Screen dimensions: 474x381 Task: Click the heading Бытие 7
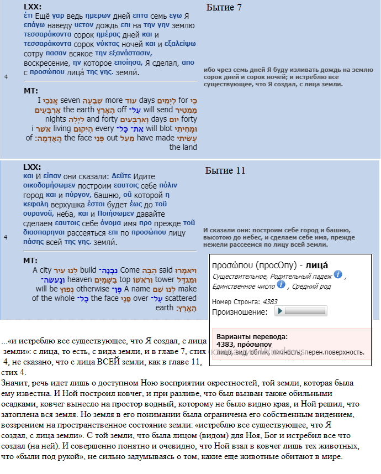[x=224, y=7]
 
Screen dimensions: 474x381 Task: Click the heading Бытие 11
[x=225, y=170]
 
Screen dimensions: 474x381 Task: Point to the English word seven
[x=70, y=100]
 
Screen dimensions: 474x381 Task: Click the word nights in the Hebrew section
[x=56, y=119]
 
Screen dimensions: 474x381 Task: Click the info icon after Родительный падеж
[x=338, y=274]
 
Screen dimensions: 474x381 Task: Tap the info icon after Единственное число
[x=281, y=284]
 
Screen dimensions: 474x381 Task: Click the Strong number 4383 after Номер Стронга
[x=270, y=301]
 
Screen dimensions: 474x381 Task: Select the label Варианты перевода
[x=252, y=336]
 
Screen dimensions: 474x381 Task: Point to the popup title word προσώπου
[x=232, y=264]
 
